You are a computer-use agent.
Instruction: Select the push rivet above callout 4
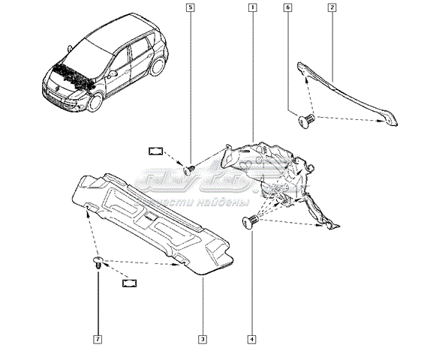(x=251, y=220)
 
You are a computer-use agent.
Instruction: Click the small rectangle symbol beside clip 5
(x=156, y=150)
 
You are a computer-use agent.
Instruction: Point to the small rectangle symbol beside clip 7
(x=131, y=283)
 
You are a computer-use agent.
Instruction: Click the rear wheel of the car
(x=158, y=67)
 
